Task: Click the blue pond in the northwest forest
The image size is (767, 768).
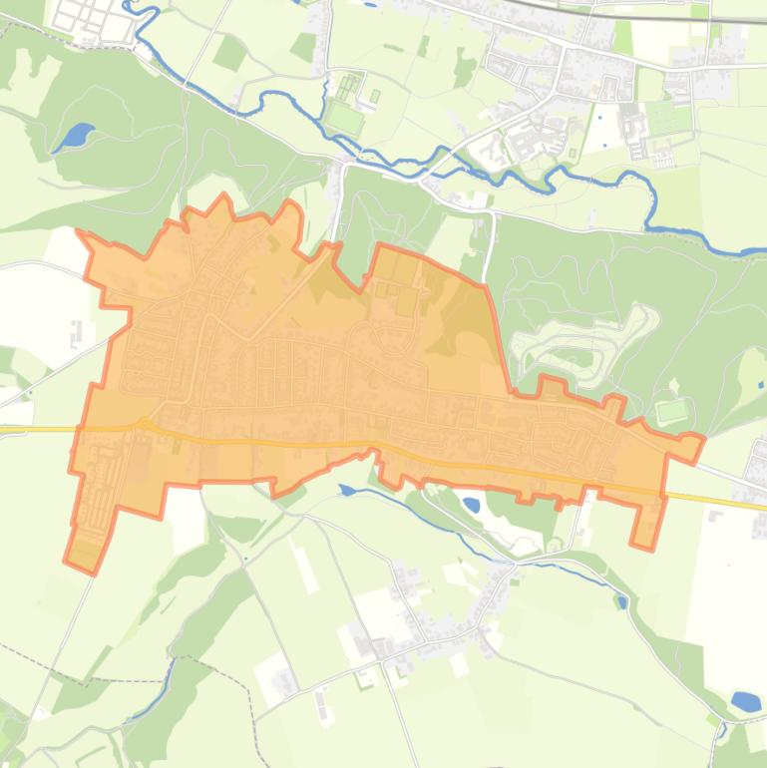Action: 75,136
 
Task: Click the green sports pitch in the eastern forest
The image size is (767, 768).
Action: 671,410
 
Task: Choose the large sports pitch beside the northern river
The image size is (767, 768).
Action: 345,121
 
